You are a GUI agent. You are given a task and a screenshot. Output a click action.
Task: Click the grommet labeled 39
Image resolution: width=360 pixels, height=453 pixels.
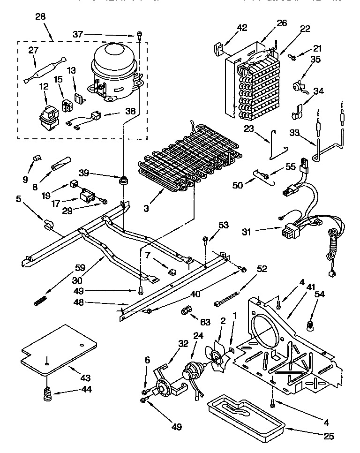pyautogui.click(x=125, y=180)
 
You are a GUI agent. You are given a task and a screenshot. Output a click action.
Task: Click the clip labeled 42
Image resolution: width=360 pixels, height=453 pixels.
pyautogui.click(x=218, y=48)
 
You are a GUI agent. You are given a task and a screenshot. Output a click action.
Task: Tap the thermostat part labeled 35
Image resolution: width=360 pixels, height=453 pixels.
pyautogui.click(x=297, y=86)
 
